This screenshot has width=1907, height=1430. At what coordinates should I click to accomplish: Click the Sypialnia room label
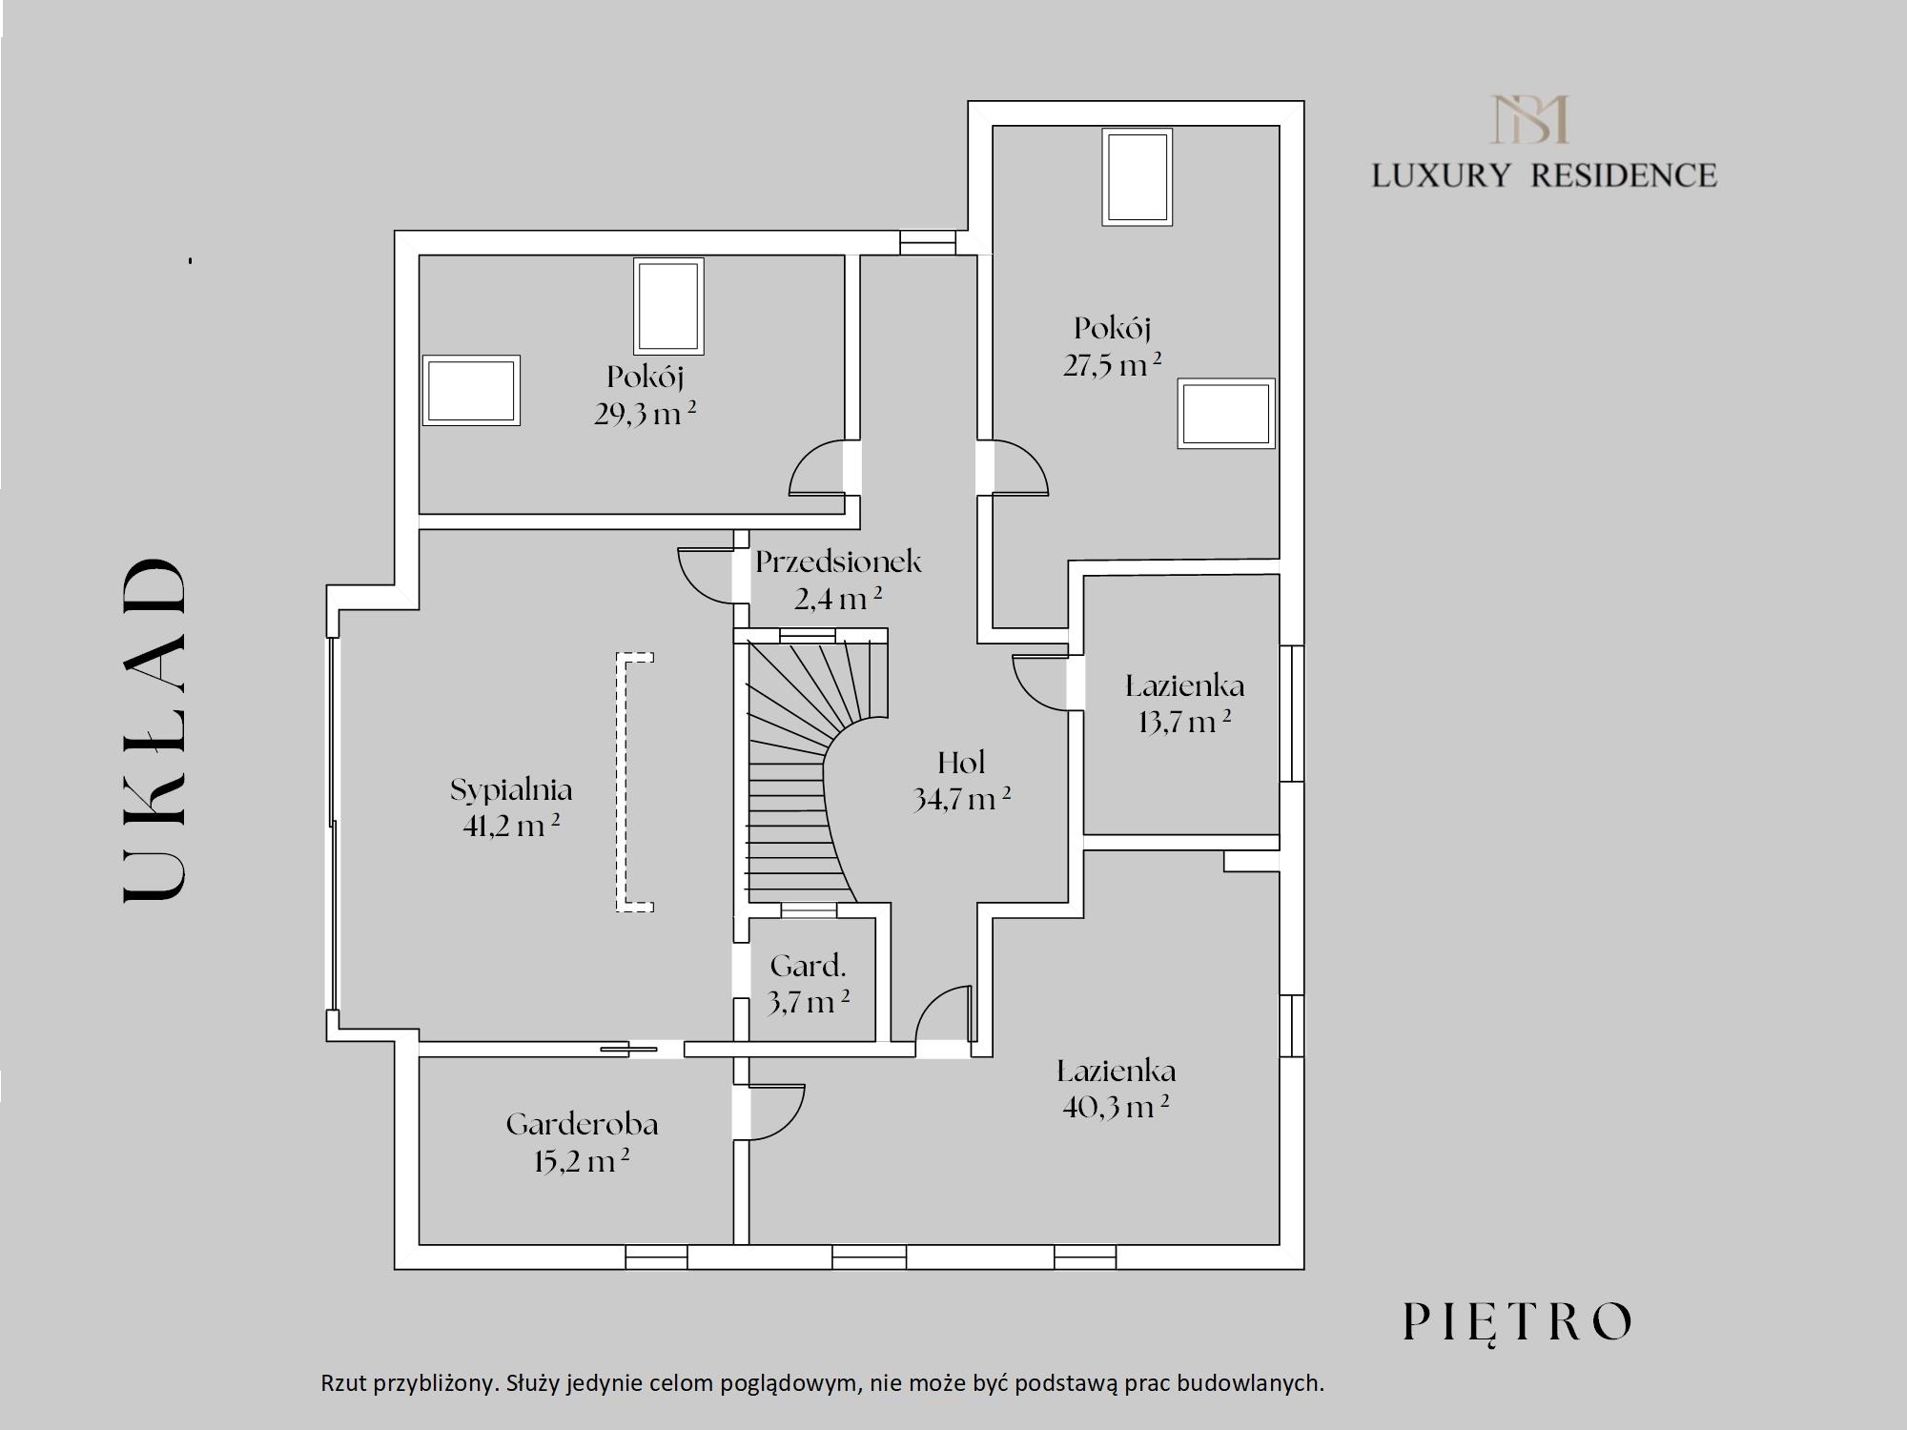click(511, 790)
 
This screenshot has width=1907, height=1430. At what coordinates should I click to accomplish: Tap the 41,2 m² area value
click(511, 826)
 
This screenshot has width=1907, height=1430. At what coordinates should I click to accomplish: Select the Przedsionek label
click(838, 562)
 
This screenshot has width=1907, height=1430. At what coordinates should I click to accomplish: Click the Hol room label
click(961, 763)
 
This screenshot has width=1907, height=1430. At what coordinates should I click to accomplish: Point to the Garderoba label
click(582, 1125)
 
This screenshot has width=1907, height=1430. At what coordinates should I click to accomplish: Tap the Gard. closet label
click(809, 966)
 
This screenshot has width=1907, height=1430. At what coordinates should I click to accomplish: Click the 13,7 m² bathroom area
click(1184, 722)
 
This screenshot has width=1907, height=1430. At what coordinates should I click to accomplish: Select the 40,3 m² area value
click(1116, 1108)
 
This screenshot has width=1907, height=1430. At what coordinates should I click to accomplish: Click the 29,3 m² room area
click(646, 414)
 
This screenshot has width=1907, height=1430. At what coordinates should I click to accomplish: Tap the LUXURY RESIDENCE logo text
click(1544, 175)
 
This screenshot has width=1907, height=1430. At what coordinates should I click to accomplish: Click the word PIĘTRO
click(1517, 1323)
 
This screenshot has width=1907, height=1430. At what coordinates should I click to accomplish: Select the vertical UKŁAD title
click(154, 729)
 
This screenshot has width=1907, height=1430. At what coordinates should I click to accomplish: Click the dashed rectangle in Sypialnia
click(634, 782)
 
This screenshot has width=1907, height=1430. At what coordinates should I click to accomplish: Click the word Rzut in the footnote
click(345, 1383)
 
